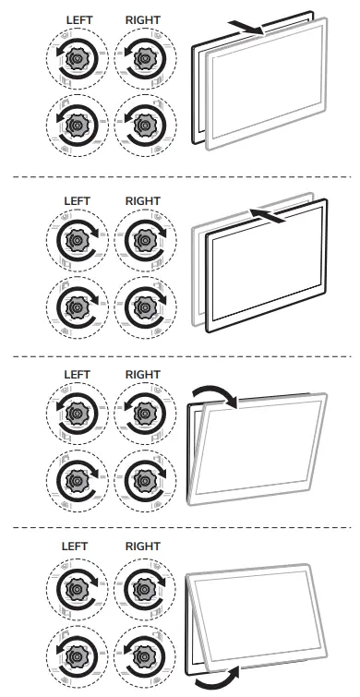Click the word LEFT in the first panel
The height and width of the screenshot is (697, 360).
(x=77, y=19)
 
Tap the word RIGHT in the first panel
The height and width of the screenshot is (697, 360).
(x=142, y=19)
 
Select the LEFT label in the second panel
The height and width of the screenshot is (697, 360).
(x=77, y=200)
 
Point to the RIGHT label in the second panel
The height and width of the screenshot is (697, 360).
(x=142, y=200)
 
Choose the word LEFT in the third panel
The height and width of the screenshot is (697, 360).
(x=77, y=374)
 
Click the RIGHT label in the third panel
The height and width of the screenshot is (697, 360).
(x=142, y=374)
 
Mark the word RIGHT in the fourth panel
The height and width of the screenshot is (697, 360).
(x=142, y=547)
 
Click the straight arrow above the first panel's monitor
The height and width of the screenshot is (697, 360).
(x=255, y=26)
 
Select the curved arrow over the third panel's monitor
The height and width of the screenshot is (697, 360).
(x=212, y=394)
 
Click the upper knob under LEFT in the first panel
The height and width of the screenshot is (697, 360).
(x=77, y=59)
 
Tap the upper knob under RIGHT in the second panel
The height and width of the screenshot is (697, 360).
(x=143, y=239)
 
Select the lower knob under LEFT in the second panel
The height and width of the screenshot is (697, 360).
(x=77, y=305)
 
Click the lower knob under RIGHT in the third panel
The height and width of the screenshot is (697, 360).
(x=143, y=478)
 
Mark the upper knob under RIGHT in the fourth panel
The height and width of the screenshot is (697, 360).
(x=143, y=586)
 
